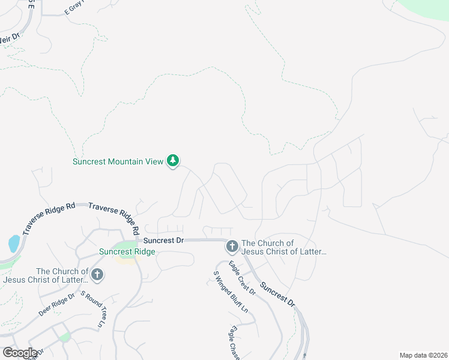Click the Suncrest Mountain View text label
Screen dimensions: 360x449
(x=117, y=161)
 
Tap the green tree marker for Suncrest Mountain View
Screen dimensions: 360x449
(x=173, y=161)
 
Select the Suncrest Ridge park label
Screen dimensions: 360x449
(x=127, y=252)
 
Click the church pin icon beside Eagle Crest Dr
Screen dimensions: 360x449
(x=232, y=246)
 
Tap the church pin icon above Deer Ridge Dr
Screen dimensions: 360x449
(x=97, y=275)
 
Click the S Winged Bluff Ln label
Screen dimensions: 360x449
(x=231, y=292)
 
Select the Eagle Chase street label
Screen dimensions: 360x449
(x=234, y=343)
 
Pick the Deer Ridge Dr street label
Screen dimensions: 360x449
(x=56, y=304)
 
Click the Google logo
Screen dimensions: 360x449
(x=20, y=353)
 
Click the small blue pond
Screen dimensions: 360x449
(x=14, y=243)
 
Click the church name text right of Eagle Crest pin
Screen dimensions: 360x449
(x=283, y=247)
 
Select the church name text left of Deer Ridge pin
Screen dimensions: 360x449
(x=46, y=275)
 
